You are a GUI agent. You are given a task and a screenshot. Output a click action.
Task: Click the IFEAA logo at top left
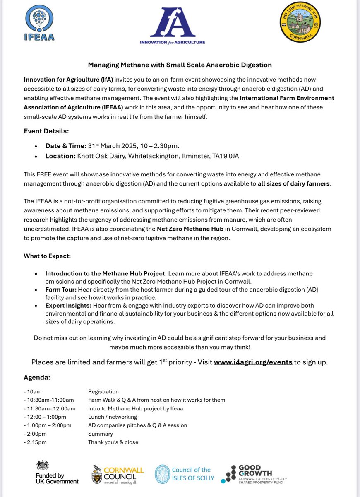pyautogui.click(x=39, y=23)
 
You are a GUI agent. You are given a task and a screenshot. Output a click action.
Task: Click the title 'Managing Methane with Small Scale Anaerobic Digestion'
pyautogui.click(x=180, y=65)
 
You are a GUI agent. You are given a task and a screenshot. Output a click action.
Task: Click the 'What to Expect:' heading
pyautogui.click(x=47, y=256)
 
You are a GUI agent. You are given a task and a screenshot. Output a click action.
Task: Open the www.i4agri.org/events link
pyautogui.click(x=253, y=362)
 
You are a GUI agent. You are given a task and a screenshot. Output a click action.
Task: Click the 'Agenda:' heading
pyautogui.click(x=37, y=378)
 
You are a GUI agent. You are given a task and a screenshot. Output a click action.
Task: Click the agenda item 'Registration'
pyautogui.click(x=103, y=392)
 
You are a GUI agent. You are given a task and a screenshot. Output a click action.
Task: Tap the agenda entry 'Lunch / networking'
pyautogui.click(x=112, y=417)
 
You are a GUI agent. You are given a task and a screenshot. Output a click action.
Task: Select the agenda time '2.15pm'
pyautogui.click(x=37, y=442)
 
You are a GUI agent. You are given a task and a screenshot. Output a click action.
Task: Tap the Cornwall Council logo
pyautogui.click(x=118, y=474)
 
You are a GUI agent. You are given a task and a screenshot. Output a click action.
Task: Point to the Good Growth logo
pyautogui.click(x=254, y=474)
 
